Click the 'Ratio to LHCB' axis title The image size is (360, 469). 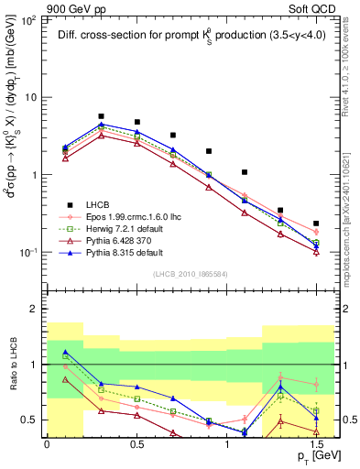click(x=12, y=365)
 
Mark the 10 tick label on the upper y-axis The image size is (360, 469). click(x=30, y=96)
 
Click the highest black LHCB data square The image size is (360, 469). click(x=101, y=116)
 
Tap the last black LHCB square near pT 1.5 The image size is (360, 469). click(x=316, y=224)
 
